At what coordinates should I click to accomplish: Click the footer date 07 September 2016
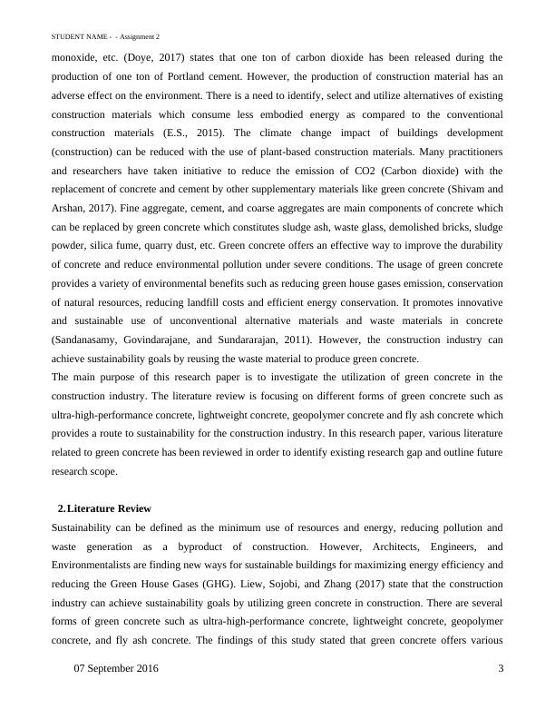coord(115,668)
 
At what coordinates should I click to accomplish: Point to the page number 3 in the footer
coord(501,668)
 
